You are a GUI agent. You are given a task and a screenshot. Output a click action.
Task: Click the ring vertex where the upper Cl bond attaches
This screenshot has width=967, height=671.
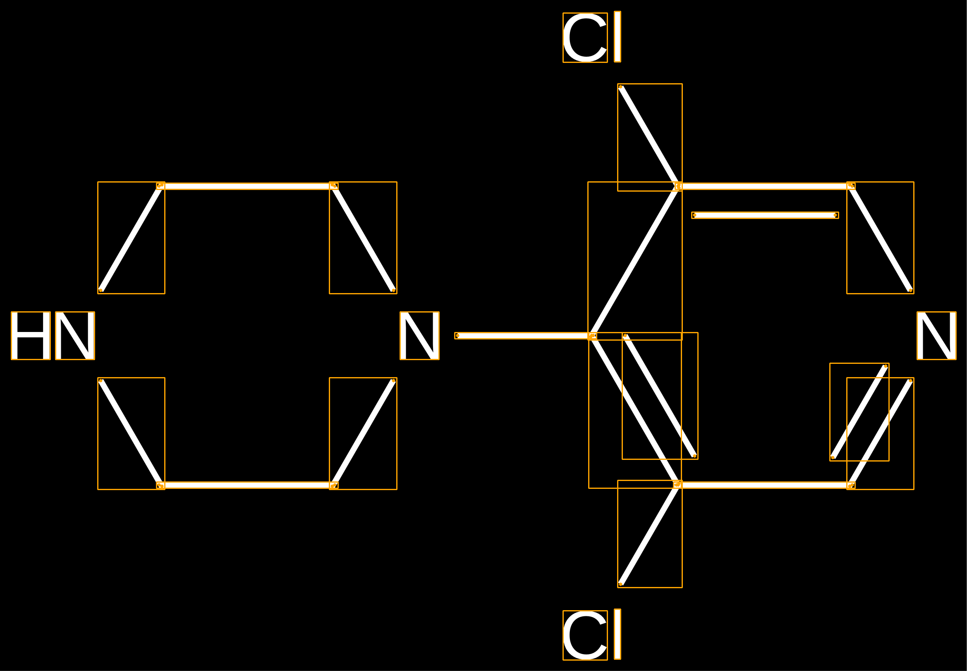tap(678, 186)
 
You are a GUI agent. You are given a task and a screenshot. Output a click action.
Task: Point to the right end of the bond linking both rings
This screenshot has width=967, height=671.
tap(592, 335)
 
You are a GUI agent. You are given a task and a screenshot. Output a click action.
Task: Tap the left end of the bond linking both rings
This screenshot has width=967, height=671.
tap(457, 335)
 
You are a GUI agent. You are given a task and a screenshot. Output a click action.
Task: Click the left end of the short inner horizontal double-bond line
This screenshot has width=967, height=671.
tap(694, 215)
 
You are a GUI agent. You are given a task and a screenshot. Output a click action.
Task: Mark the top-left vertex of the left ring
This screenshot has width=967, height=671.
tap(160, 186)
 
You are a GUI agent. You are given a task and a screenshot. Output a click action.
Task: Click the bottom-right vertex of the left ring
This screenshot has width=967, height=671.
tap(333, 486)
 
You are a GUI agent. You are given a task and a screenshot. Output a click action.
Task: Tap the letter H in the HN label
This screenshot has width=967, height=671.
tap(31, 335)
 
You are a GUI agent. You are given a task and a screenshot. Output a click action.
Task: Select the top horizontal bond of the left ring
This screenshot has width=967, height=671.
tap(247, 186)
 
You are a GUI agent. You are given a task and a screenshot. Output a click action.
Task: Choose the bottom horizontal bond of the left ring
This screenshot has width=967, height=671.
tap(247, 486)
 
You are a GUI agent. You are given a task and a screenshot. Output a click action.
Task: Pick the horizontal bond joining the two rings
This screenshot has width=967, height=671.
tap(525, 335)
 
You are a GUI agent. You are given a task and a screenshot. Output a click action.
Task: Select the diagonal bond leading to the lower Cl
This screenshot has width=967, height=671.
tap(649, 534)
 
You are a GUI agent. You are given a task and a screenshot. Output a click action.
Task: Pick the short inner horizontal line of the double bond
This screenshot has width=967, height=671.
tap(765, 215)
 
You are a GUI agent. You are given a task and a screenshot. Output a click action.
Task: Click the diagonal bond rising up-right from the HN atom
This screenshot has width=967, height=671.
tap(131, 238)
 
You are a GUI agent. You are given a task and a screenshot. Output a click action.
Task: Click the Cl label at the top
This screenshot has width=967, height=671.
tap(591, 37)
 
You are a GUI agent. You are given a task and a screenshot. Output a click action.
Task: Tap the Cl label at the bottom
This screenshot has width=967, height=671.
tap(591, 635)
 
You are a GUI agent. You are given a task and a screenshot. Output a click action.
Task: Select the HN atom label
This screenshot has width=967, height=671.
tap(53, 335)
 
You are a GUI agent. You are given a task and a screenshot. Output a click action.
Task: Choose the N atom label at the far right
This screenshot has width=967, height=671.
tap(936, 335)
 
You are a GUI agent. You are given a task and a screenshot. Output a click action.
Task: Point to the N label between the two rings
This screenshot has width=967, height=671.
tap(419, 335)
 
